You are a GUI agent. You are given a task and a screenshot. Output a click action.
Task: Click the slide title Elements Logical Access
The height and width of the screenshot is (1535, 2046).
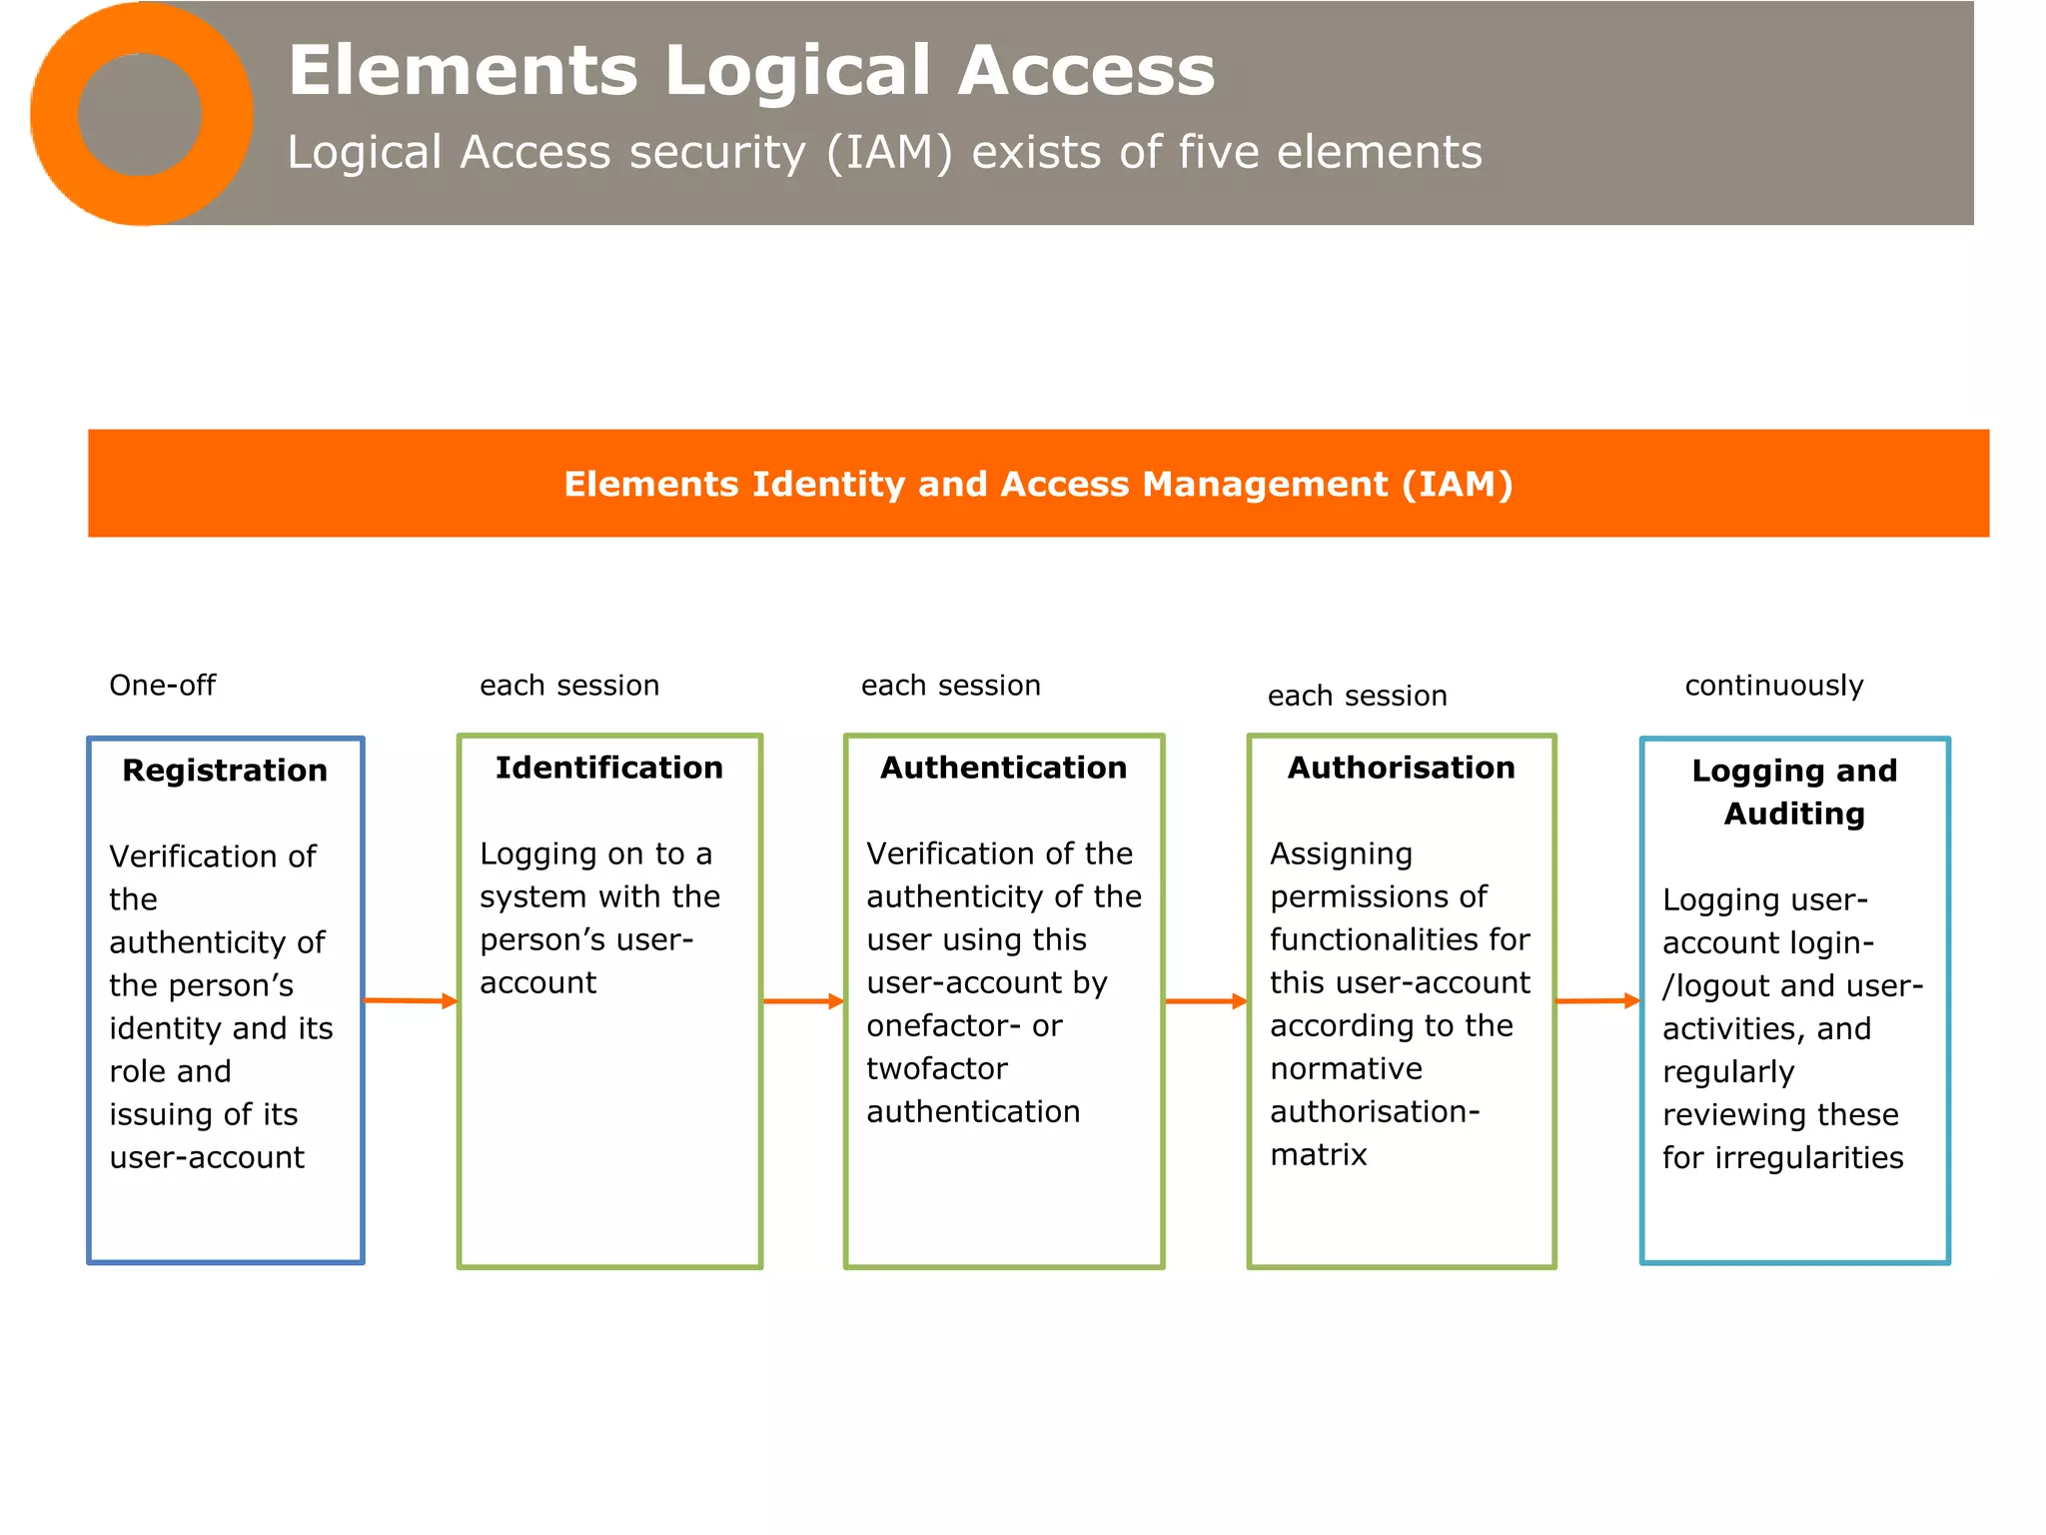pyautogui.click(x=750, y=71)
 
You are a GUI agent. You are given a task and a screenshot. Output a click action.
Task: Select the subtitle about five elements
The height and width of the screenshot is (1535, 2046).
pyautogui.click(x=884, y=153)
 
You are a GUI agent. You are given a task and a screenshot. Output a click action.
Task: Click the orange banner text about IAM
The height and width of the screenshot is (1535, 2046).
pyautogui.click(x=1038, y=484)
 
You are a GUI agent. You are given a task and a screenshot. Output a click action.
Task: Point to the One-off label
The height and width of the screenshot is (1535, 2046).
pyautogui.click(x=162, y=686)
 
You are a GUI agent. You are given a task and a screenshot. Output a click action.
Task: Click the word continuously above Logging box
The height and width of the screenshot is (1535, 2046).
pyautogui.click(x=1773, y=686)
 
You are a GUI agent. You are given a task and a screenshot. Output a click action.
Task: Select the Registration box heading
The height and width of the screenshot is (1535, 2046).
pyautogui.click(x=225, y=770)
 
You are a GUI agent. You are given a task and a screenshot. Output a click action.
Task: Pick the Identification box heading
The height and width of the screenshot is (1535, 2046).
pyautogui.click(x=609, y=767)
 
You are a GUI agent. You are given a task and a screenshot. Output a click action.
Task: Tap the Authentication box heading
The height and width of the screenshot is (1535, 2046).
pyautogui.click(x=1003, y=767)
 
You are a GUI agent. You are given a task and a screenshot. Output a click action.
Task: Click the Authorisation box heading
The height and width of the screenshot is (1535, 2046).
pyautogui.click(x=1401, y=767)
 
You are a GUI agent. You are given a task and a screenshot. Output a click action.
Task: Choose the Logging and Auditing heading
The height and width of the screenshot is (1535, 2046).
pyautogui.click(x=1794, y=791)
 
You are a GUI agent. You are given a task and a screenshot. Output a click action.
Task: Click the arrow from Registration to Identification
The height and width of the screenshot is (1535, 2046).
pyautogui.click(x=411, y=1000)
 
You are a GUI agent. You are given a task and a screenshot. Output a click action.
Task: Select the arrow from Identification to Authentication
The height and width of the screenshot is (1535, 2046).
pyautogui.click(x=803, y=1001)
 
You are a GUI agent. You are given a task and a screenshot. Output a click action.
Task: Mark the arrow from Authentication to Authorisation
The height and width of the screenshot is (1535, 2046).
pyautogui.click(x=1206, y=1001)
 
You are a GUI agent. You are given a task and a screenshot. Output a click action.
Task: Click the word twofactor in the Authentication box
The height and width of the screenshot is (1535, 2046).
pyautogui.click(x=936, y=1069)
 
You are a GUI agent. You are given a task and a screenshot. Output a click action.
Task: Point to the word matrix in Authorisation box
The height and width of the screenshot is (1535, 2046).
pyautogui.click(x=1318, y=1155)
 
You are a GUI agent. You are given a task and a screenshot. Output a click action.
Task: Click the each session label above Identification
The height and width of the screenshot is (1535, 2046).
pyautogui.click(x=569, y=686)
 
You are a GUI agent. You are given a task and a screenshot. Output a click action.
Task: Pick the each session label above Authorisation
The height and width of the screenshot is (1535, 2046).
pyautogui.click(x=1357, y=696)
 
